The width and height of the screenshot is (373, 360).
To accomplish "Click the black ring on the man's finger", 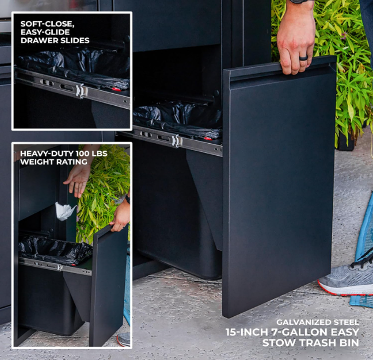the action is (303, 58).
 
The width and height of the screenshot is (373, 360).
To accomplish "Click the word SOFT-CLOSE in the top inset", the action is (46, 24).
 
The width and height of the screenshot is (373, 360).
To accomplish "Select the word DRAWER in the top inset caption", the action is (37, 40).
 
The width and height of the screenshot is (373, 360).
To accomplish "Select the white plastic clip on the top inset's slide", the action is (80, 91).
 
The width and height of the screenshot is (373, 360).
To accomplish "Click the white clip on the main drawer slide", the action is (176, 141).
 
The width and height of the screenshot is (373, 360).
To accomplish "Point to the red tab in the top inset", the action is (116, 89).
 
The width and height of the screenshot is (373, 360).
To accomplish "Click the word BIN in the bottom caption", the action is (348, 343).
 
